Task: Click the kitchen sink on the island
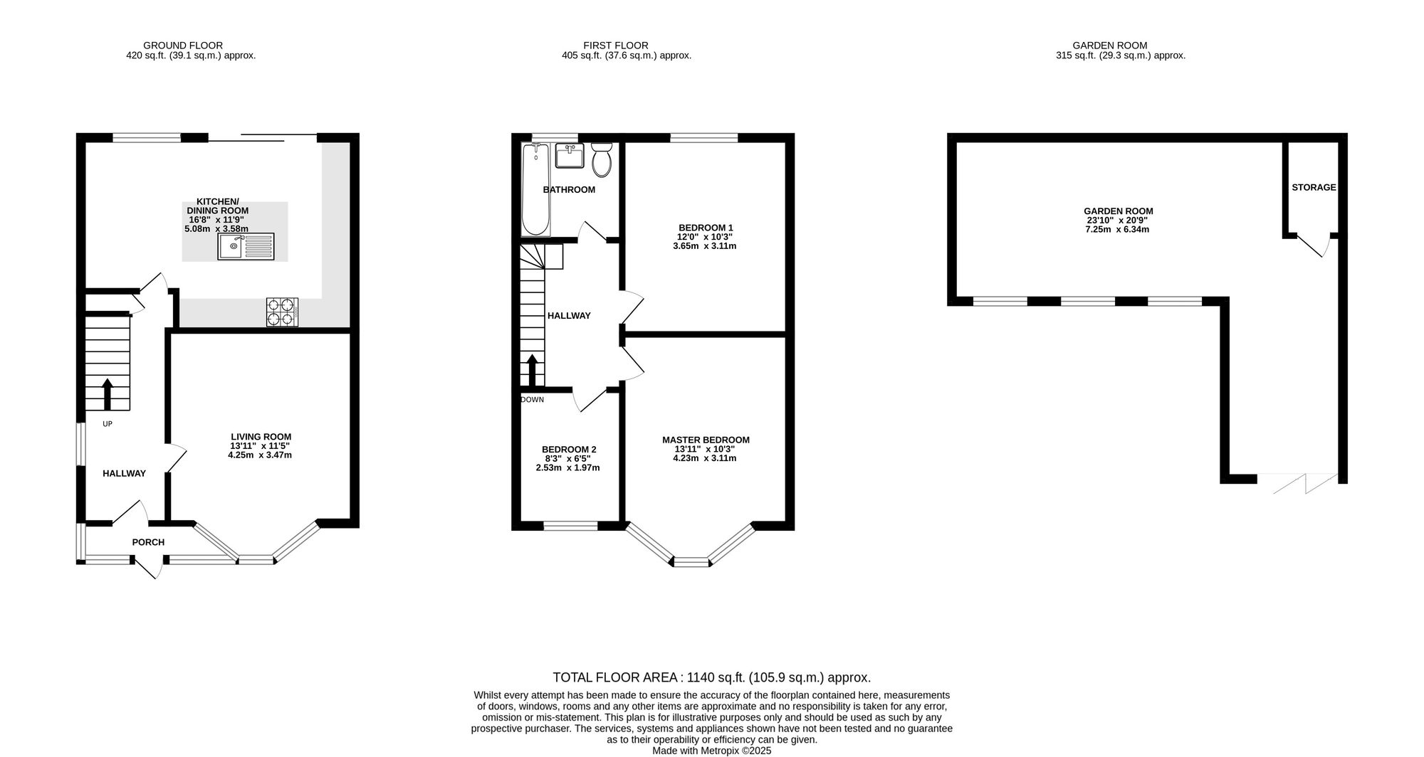[x=247, y=246]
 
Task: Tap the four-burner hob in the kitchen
[x=282, y=312]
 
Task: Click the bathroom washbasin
[x=570, y=156]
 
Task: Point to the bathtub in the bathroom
[x=536, y=190]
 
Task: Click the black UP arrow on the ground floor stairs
[x=108, y=394]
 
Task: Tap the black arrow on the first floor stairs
[x=531, y=370]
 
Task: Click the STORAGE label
[x=1314, y=188]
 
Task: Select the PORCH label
[x=148, y=542]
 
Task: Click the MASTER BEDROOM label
[x=706, y=440]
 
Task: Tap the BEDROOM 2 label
[x=569, y=450]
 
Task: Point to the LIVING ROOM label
[x=261, y=437]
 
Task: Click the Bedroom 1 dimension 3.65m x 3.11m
[x=704, y=246]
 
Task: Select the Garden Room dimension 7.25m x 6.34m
[x=1118, y=229]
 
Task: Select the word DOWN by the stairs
[x=532, y=400]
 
